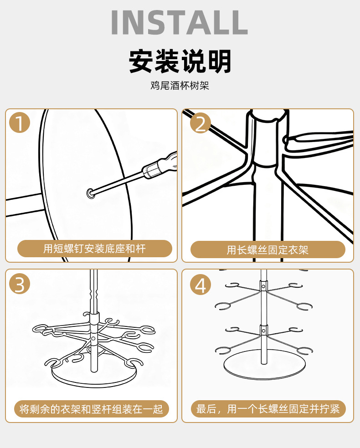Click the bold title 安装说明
180,62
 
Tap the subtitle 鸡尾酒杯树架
180,85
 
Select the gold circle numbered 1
19,123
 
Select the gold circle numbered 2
201,123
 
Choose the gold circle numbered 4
201,285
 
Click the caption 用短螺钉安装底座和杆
95,249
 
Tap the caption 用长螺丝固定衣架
268,249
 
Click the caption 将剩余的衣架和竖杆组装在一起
91,409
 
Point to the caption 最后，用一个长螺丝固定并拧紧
268,409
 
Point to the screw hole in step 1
90,194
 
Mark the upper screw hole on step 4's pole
263,286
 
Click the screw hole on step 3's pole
93,339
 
